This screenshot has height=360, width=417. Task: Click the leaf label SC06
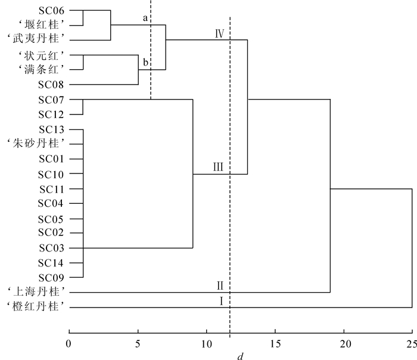(51, 11)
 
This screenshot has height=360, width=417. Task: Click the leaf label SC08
(51, 85)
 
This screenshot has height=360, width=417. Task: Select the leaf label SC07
(51, 100)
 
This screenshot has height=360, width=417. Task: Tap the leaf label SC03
(51, 248)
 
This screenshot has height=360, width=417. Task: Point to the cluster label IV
(219, 33)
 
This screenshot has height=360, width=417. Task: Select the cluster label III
(218, 167)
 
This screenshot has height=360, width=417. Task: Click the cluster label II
(220, 285)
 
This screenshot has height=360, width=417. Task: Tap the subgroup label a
(145, 18)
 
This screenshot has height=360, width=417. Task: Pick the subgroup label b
(145, 62)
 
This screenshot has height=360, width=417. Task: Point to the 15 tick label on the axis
(275, 344)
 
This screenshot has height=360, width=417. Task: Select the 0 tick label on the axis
(69, 344)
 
